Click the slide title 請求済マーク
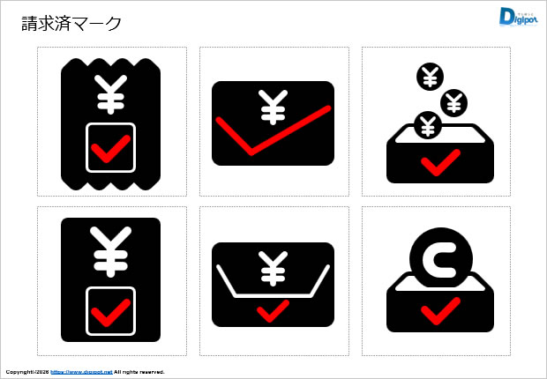[x=71, y=24]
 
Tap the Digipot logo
[x=518, y=17]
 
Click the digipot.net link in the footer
[x=82, y=372]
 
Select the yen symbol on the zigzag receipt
[x=110, y=94]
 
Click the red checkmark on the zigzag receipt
[x=110, y=149]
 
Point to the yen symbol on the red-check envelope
[x=273, y=107]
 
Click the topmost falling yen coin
[x=431, y=77]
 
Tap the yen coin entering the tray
[x=428, y=125]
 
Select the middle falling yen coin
[x=453, y=102]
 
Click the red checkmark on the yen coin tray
[x=440, y=163]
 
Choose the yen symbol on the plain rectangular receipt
[x=110, y=252]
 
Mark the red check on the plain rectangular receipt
[x=110, y=313]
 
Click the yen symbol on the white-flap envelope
[x=273, y=269]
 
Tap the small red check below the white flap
[x=273, y=311]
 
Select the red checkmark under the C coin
[x=440, y=311]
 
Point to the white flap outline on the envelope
[x=273, y=296]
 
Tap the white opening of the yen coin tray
[x=440, y=137]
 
